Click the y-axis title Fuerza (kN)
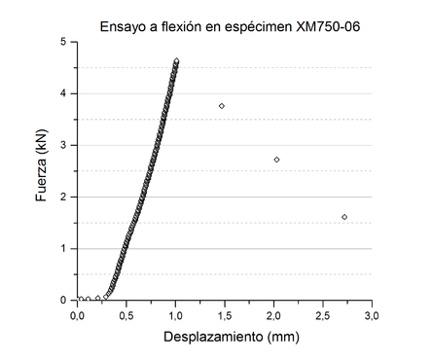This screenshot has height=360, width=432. click(40, 171)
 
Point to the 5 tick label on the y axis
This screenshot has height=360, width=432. click(63, 42)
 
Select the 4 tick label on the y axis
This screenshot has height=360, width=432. click(63, 93)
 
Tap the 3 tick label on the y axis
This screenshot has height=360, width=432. click(63, 145)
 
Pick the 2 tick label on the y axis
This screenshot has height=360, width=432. click(63, 197)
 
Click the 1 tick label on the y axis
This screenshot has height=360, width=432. click(63, 248)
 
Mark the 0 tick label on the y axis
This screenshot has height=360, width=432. click(63, 300)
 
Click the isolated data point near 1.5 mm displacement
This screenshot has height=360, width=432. click(222, 105)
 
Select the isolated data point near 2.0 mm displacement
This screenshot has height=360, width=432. click(276, 160)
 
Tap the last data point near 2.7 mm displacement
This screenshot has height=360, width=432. click(344, 217)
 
